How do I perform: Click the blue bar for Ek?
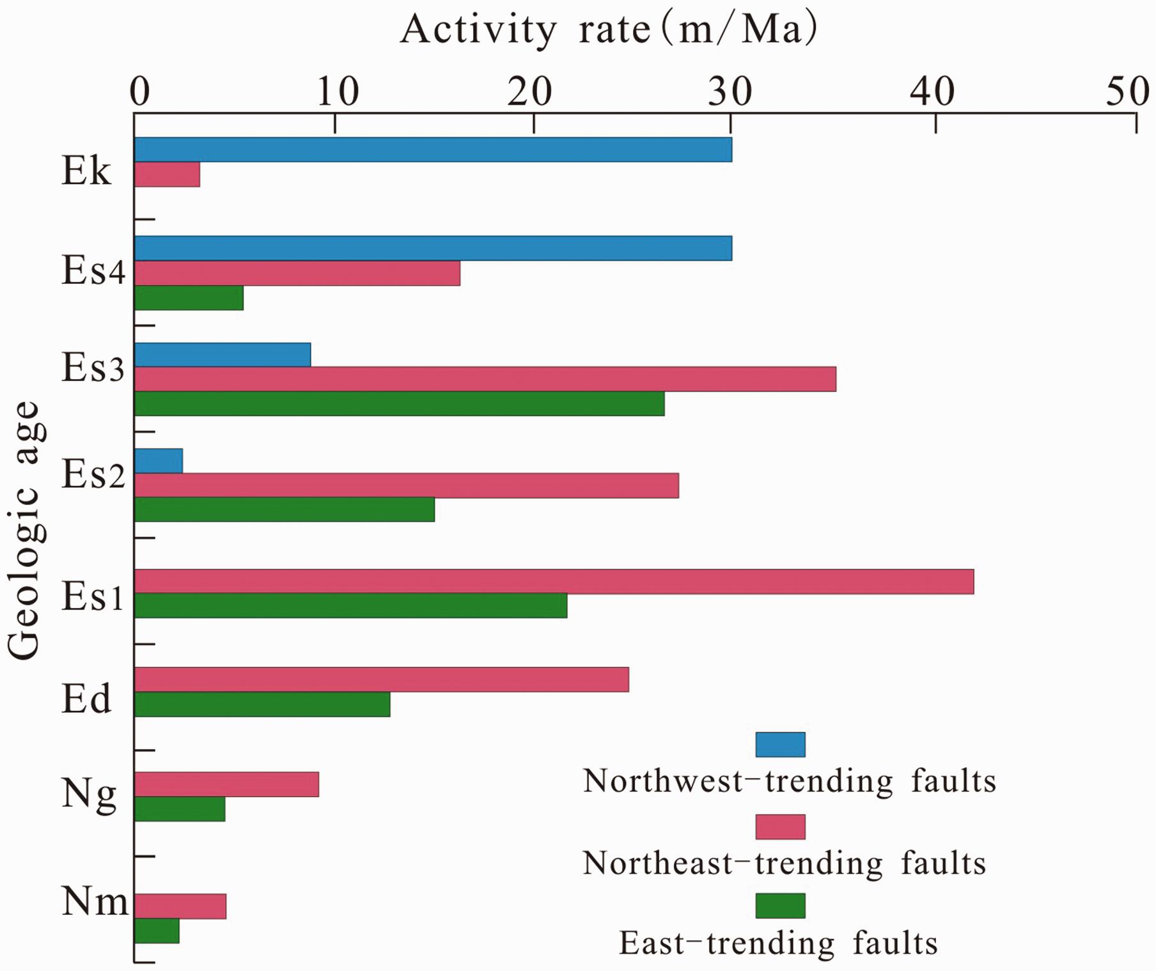point(433,150)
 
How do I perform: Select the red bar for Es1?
point(554,582)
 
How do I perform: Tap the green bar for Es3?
point(399,404)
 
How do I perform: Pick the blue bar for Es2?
point(159,461)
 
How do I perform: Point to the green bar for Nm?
point(157,931)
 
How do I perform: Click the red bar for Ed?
point(382,680)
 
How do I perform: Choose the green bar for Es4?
point(189,298)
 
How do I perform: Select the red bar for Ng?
point(226,784)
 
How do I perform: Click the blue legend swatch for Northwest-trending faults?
point(780,745)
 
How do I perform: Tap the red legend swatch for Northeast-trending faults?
point(780,827)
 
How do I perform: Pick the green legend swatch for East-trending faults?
point(780,905)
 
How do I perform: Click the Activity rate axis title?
point(609,29)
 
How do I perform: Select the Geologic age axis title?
point(26,531)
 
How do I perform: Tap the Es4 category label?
point(93,272)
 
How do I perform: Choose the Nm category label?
point(95,902)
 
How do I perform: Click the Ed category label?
point(86,699)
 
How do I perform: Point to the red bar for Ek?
point(167,175)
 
